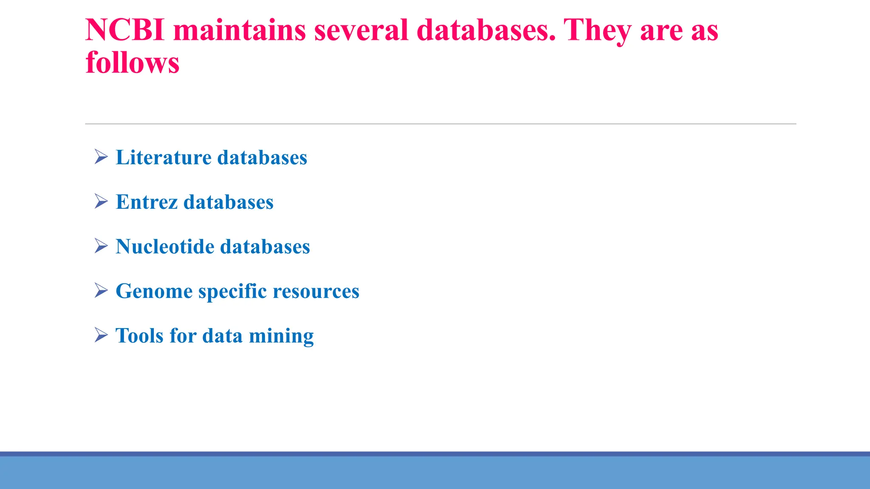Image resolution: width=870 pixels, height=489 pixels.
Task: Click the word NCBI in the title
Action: point(125,30)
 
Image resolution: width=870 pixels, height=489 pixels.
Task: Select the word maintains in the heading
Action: point(239,30)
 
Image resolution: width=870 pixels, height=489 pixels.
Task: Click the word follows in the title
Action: point(133,62)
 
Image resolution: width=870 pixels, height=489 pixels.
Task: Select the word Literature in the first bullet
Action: point(164,157)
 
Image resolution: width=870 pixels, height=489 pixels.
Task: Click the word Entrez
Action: point(147,202)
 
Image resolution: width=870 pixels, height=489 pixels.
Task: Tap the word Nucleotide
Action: point(165,247)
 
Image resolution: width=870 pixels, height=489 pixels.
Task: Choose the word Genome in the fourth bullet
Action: point(154,291)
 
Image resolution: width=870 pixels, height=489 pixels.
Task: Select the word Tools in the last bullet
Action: point(139,336)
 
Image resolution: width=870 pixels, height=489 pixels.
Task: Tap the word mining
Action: point(281,336)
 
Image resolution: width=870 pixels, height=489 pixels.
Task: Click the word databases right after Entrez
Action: point(229,202)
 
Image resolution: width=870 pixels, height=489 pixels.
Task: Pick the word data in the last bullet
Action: point(222,336)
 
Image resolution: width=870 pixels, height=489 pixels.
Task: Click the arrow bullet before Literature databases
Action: point(101,157)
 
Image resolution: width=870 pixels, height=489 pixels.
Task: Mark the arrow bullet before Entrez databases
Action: point(101,202)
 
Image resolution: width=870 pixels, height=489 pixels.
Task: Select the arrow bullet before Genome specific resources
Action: point(101,291)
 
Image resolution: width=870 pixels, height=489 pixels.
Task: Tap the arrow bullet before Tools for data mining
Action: point(101,335)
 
